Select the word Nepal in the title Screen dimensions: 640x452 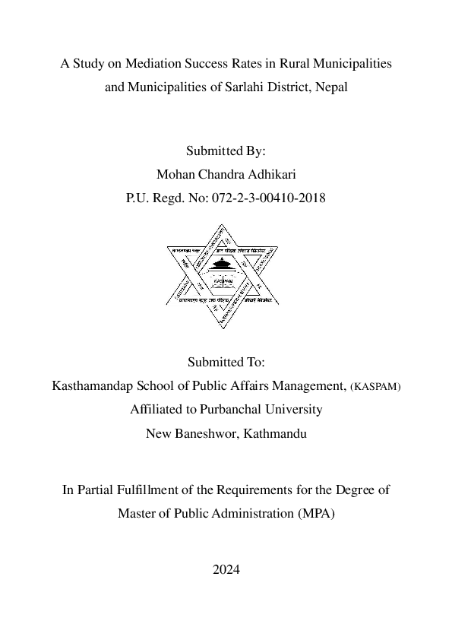pos(330,87)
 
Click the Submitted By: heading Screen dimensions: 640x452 pos(226,151)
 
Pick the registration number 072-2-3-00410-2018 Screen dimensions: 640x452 pos(261,198)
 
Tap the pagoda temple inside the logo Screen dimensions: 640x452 pos(223,267)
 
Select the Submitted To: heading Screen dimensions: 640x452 pos(226,362)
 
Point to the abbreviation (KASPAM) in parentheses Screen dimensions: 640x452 pos(375,386)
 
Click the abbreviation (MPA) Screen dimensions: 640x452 pos(315,513)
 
